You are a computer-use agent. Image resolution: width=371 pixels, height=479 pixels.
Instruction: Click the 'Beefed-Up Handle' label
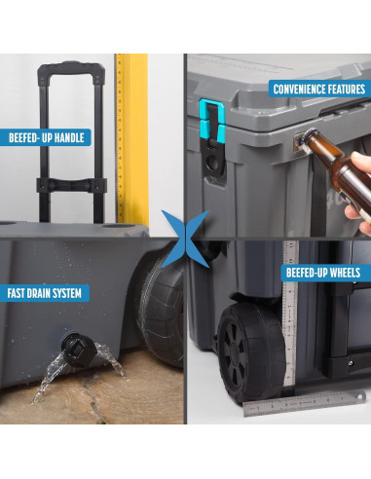(46, 137)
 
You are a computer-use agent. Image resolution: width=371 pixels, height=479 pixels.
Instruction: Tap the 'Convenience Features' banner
(319, 89)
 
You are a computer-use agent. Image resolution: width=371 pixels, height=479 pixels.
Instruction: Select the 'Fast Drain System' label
(45, 293)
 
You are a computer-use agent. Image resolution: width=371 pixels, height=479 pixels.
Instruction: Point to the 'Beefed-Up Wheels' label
(325, 273)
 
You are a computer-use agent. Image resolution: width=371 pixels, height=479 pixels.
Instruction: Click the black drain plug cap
(78, 350)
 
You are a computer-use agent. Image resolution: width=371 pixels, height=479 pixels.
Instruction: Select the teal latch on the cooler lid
(212, 120)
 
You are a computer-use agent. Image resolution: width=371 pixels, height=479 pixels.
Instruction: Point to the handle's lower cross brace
(71, 185)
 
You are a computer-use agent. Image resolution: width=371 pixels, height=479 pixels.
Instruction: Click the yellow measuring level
(132, 139)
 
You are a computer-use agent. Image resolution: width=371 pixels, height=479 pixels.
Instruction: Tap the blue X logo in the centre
(185, 239)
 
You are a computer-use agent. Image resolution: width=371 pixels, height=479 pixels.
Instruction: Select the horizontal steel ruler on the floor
(305, 404)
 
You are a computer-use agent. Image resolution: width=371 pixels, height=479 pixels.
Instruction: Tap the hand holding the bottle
(359, 192)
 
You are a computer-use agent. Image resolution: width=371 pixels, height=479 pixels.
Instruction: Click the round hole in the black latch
(213, 163)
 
